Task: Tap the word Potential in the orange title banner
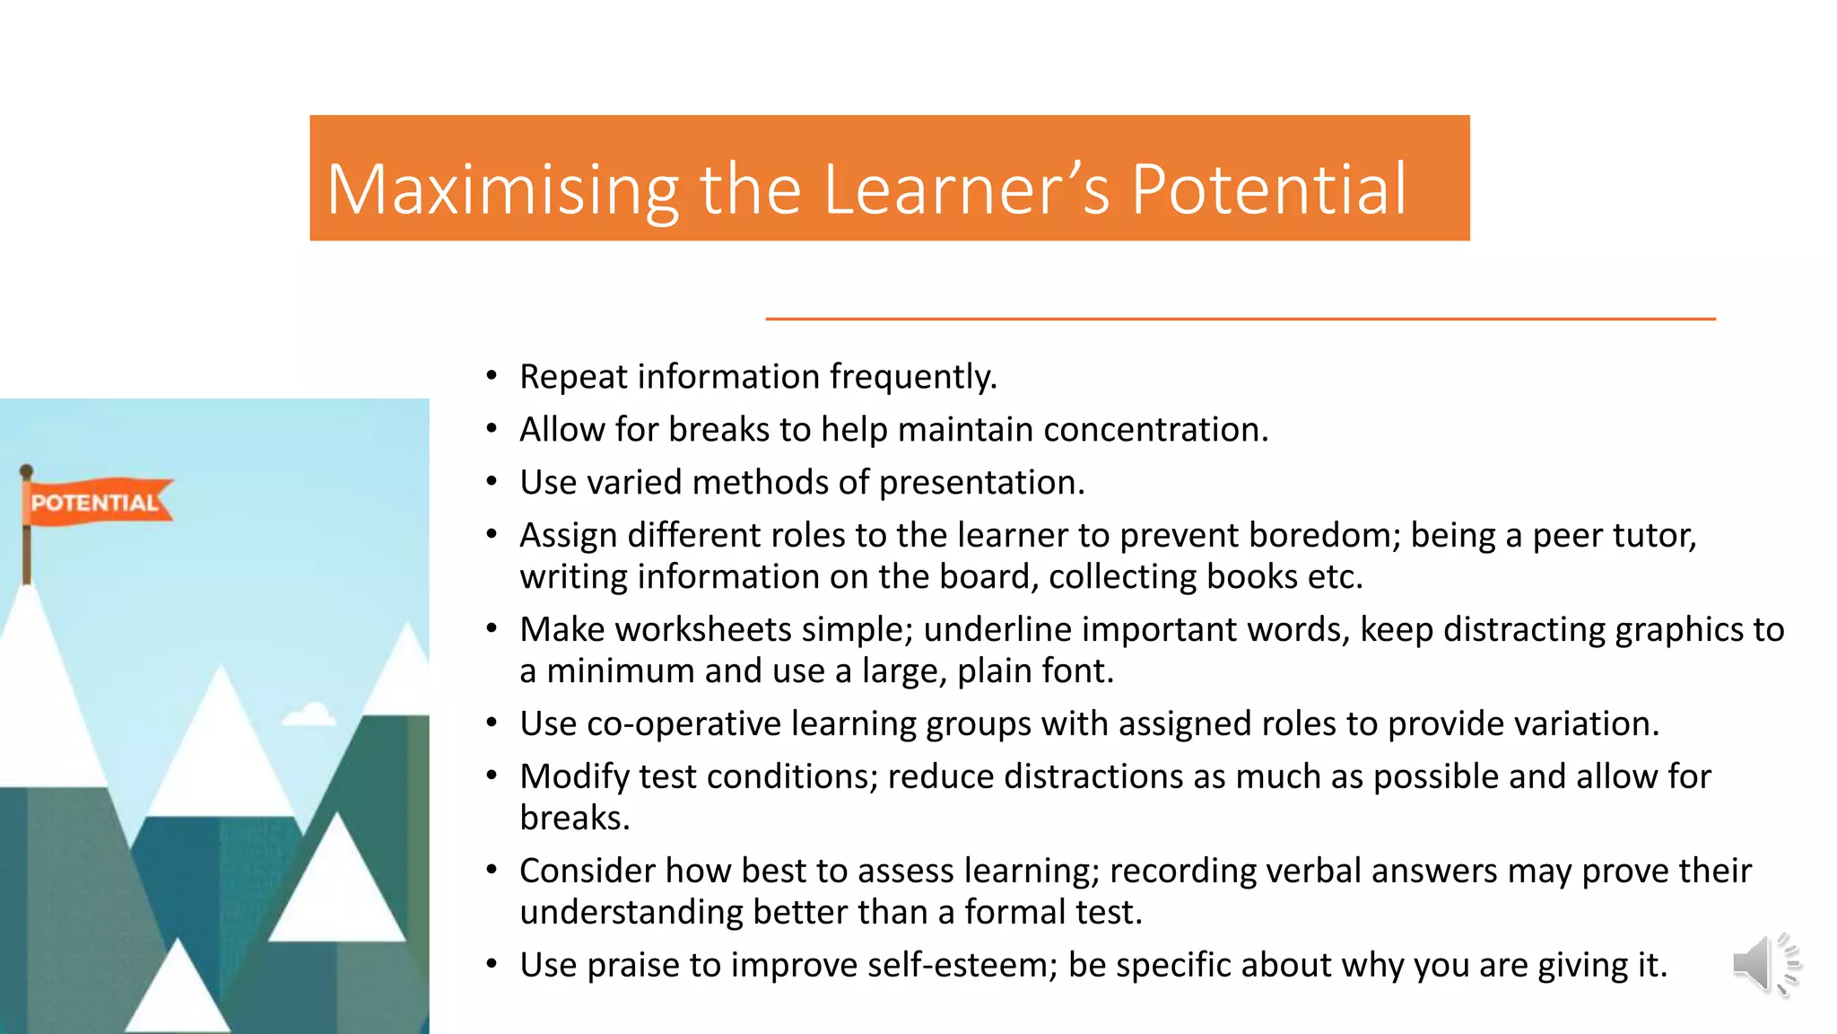coord(1268,190)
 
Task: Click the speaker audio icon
coord(1765,965)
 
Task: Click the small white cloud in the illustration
coord(309,715)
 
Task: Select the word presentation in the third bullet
coord(981,483)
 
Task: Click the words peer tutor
coord(1614,536)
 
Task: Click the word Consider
coord(587,872)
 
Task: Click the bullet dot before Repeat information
coord(492,376)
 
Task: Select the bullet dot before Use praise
coord(492,965)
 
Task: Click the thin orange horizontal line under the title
coord(1240,319)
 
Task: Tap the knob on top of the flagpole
coord(26,470)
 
